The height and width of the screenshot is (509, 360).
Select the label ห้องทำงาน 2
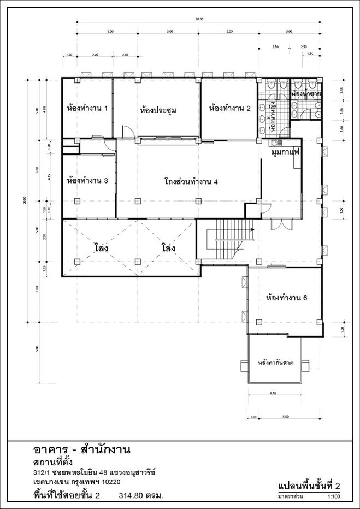click(x=229, y=108)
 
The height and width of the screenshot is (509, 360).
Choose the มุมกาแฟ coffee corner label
click(x=286, y=153)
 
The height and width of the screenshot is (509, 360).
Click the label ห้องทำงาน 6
click(x=286, y=298)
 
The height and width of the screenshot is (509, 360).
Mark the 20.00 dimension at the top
click(x=199, y=19)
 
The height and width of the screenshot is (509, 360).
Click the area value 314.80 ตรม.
click(x=141, y=496)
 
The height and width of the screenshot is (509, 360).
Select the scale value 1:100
click(x=334, y=498)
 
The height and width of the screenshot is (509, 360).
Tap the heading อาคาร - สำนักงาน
click(x=81, y=450)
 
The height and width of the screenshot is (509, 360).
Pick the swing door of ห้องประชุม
click(x=126, y=132)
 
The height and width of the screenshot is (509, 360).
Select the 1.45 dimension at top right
click(x=310, y=55)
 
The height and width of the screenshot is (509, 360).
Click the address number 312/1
click(x=42, y=472)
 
